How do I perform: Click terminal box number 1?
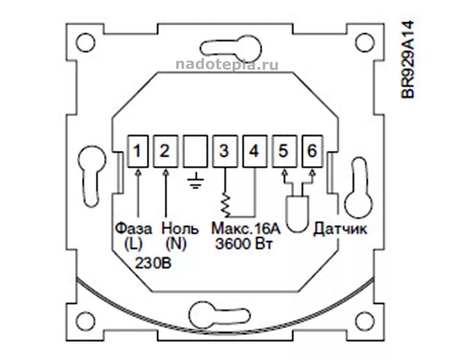[x=138, y=151]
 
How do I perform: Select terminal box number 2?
[x=165, y=151]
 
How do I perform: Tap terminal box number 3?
[x=224, y=151]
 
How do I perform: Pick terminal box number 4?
[x=254, y=151]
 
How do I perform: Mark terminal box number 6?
[x=311, y=151]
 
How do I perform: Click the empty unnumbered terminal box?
[x=195, y=151]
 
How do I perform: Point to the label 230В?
[x=153, y=263]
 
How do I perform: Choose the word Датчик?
[x=340, y=229]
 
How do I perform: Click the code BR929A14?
[x=409, y=60]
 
